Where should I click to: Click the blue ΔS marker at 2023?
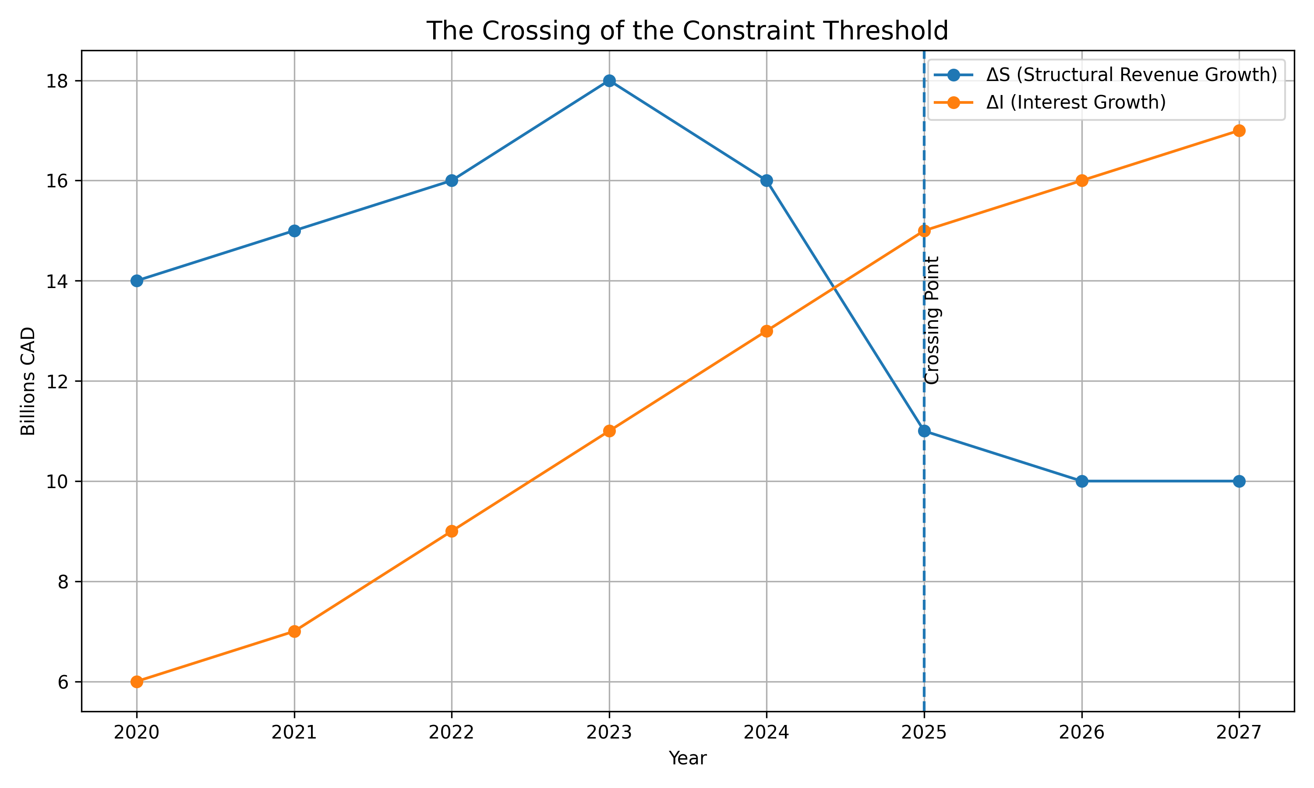coord(609,81)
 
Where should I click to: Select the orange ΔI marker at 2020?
coord(137,681)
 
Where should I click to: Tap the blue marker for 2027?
coord(1239,481)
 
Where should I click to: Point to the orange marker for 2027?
coord(1239,130)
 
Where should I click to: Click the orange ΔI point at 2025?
coord(924,230)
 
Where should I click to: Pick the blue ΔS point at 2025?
coord(924,431)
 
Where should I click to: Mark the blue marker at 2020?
coord(137,281)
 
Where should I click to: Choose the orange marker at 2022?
coord(452,531)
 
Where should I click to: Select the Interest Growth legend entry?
coord(1076,102)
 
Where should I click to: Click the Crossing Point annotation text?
coord(932,320)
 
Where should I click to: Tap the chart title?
coord(687,31)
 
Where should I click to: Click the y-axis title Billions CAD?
coord(28,381)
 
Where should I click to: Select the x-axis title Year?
coord(687,758)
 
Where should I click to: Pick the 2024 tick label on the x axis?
coord(766,733)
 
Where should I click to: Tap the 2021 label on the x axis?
coord(294,733)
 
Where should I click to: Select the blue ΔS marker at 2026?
coord(1082,481)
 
